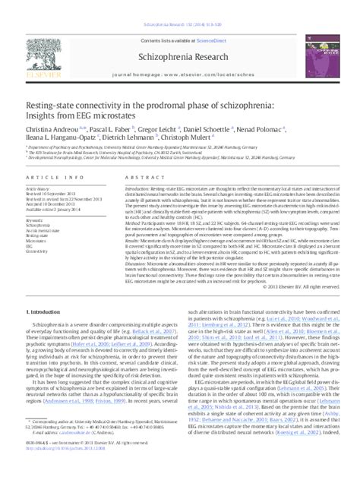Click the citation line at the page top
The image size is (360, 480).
point(179,6)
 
